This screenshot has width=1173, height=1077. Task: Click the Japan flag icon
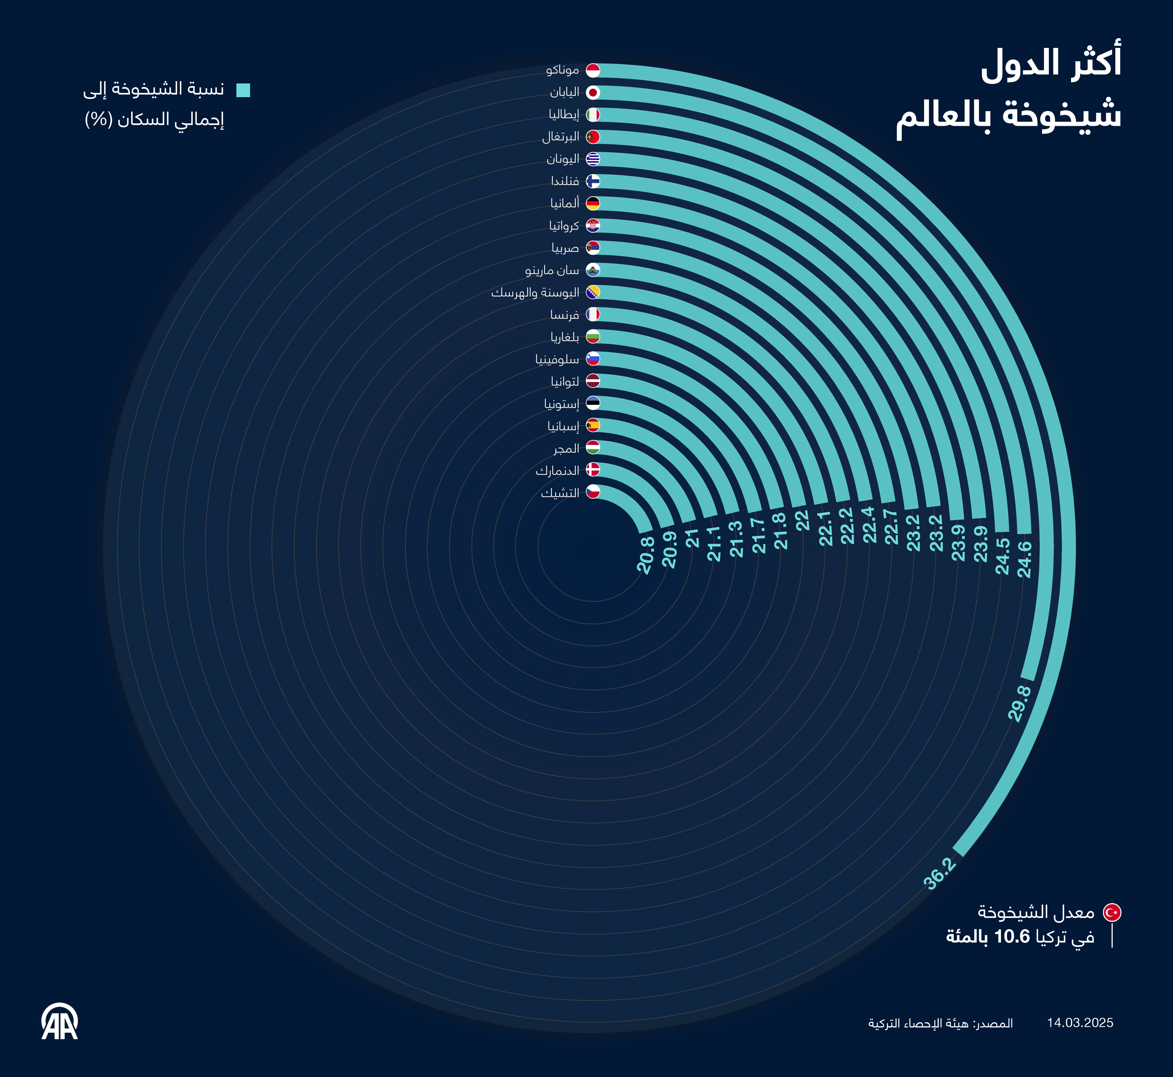pyautogui.click(x=593, y=93)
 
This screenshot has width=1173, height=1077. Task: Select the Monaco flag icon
pyautogui.click(x=593, y=70)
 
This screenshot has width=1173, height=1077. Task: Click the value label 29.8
pyautogui.click(x=1020, y=704)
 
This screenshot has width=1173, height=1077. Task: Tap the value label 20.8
pyautogui.click(x=646, y=555)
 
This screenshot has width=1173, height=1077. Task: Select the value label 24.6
pyautogui.click(x=1024, y=560)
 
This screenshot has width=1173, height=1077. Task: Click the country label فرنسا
pyautogui.click(x=565, y=315)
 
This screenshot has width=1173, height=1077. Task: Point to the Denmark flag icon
pyautogui.click(x=593, y=470)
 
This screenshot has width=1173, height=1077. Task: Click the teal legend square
pyautogui.click(x=243, y=90)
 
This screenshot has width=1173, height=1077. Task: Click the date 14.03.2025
pyautogui.click(x=1080, y=1023)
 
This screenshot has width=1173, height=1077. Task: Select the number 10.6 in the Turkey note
pyautogui.click(x=1012, y=937)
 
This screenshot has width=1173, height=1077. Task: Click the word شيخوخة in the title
pyautogui.click(x=1062, y=115)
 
